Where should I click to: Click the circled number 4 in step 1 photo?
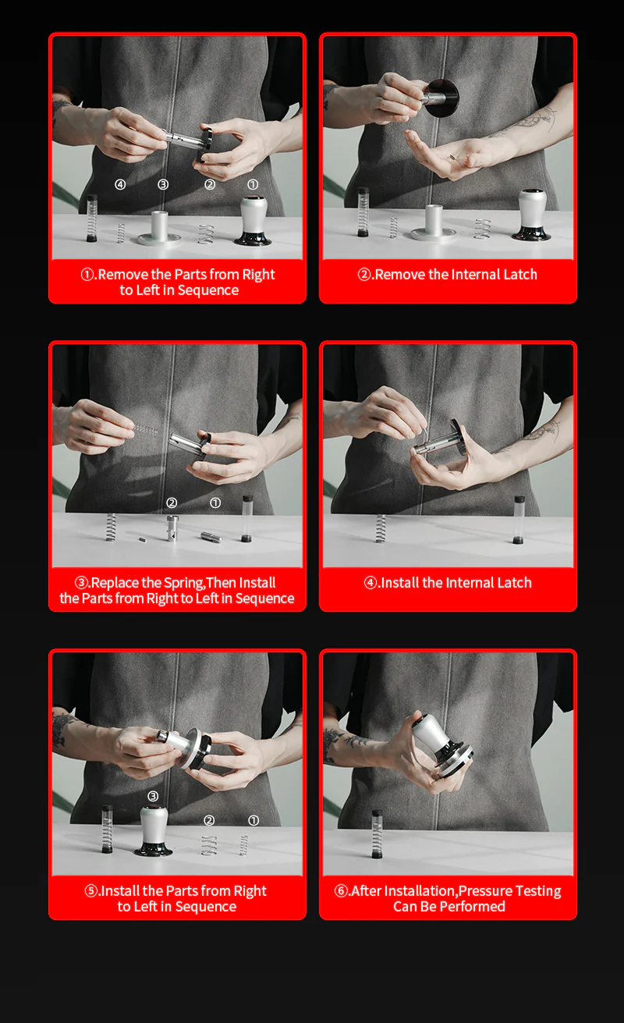(120, 185)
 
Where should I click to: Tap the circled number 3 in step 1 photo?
(163, 185)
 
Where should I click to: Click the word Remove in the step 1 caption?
(122, 275)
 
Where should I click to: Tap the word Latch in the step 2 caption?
(517, 275)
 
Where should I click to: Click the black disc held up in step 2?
(441, 98)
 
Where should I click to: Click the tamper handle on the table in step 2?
(532, 214)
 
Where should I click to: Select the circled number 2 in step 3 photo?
(172, 503)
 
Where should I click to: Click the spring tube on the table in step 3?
(247, 518)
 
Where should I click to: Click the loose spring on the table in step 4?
(381, 528)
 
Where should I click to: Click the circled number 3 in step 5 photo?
(153, 796)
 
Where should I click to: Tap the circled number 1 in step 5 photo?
(253, 821)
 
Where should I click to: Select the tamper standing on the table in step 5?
(153, 832)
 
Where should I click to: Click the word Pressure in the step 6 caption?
(486, 891)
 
